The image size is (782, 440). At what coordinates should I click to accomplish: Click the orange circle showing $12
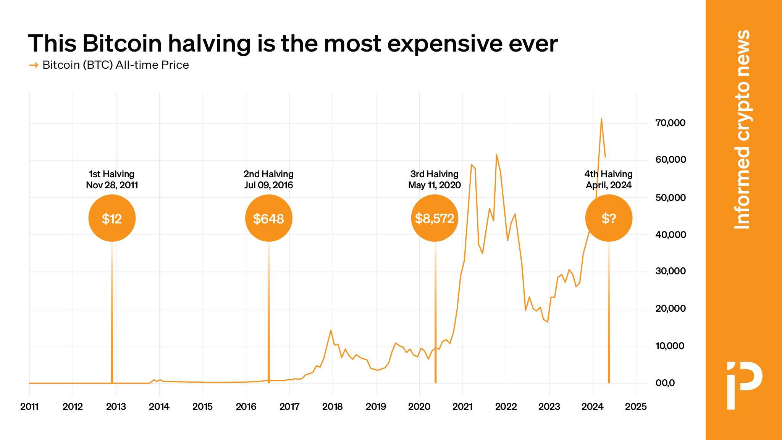(112, 218)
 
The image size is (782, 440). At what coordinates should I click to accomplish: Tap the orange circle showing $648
(268, 218)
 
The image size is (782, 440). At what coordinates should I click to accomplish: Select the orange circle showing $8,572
(435, 218)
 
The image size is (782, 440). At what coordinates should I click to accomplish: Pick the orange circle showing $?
(609, 218)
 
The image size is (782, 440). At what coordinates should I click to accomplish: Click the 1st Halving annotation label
(111, 174)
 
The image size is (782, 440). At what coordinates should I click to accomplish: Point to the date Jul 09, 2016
(268, 185)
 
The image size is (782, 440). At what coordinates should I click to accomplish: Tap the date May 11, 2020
(435, 185)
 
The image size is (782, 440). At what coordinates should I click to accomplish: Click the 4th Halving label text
(608, 174)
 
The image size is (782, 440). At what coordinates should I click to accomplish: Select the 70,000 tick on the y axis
(670, 123)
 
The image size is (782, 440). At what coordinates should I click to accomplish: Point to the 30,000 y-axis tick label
(670, 271)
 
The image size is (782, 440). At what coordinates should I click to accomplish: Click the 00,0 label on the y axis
(665, 383)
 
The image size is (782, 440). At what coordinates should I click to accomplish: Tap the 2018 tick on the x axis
(333, 407)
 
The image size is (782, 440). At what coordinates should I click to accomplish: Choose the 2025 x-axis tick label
(636, 407)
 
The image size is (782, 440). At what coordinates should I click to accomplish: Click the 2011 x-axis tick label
(29, 407)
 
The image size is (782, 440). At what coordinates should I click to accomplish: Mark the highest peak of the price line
(601, 119)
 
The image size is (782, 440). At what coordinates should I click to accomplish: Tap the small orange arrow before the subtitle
(34, 65)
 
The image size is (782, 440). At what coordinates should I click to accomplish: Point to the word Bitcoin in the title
(122, 44)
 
